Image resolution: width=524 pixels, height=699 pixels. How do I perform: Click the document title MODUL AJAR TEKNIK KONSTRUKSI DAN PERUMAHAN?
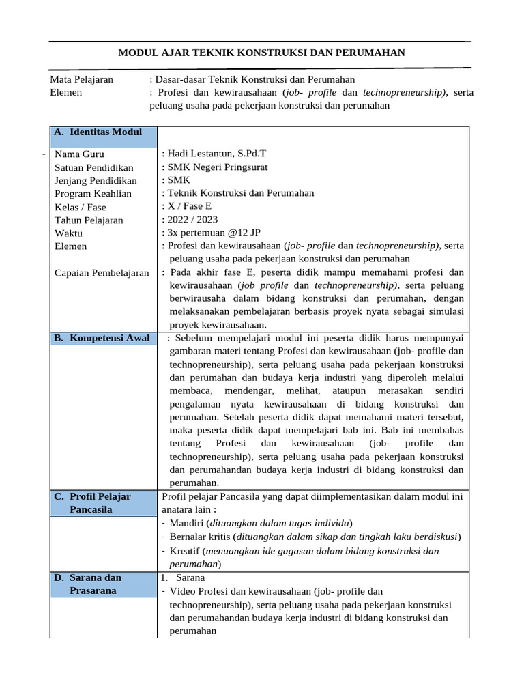point(262,52)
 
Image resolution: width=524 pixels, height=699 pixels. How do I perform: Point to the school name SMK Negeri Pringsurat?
point(218,167)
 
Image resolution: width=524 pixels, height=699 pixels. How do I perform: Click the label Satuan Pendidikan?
point(94,168)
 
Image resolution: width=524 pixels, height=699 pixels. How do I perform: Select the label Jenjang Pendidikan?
point(96,181)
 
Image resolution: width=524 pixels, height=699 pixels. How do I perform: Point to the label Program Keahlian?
point(93,193)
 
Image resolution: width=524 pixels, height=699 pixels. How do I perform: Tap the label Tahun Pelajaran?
point(89,220)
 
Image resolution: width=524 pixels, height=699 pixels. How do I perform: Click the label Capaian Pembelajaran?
point(102,273)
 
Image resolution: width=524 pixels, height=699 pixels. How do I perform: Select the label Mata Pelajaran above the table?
point(82,79)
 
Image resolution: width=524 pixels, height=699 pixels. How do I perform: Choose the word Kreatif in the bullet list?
point(185,551)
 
